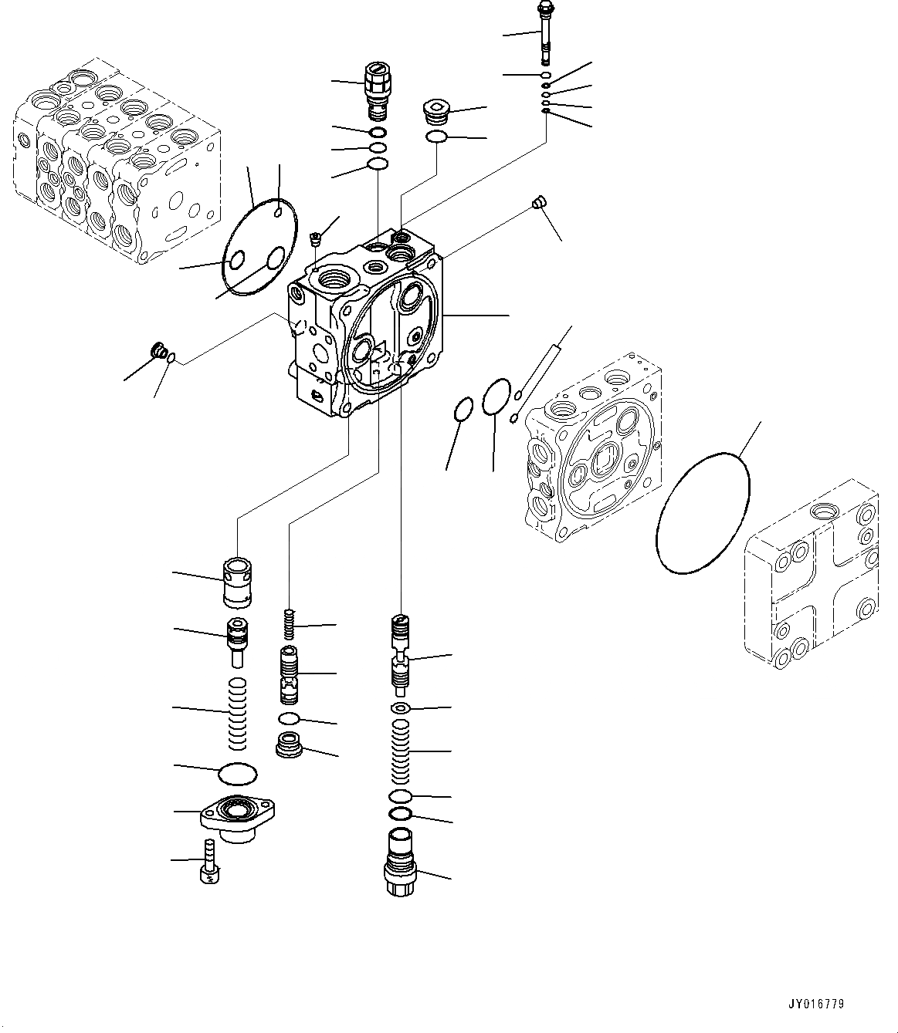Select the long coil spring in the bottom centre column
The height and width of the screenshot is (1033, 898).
coord(400,751)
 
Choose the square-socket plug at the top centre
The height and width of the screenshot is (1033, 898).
coord(437,113)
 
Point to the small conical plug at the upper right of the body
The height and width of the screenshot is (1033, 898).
coord(540,203)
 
